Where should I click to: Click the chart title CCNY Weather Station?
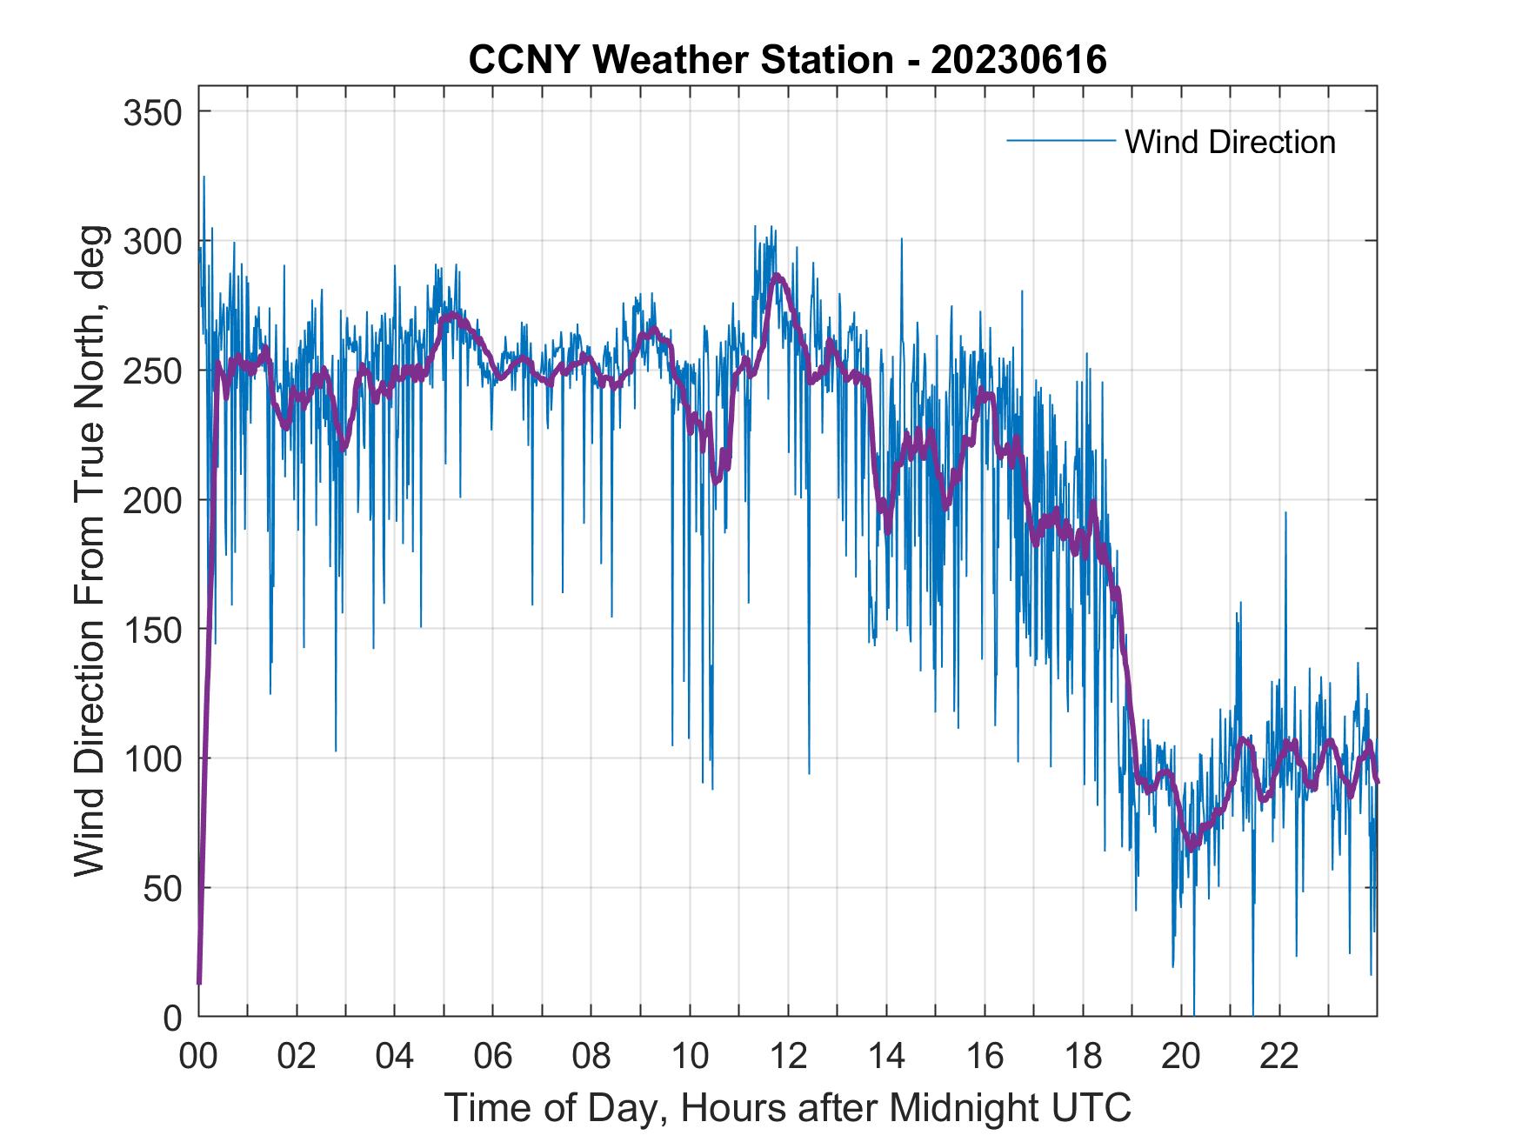[x=680, y=60]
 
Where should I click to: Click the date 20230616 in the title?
[x=1018, y=60]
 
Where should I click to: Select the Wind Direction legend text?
[x=1230, y=142]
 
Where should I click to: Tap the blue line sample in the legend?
[x=1060, y=140]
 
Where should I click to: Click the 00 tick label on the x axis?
[x=198, y=1058]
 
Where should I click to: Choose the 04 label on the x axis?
[x=395, y=1058]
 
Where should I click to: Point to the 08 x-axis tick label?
[x=591, y=1058]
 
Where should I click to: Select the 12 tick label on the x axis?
[x=788, y=1058]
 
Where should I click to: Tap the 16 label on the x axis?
[x=985, y=1058]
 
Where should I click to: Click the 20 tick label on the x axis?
[x=1181, y=1058]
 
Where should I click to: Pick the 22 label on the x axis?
[x=1279, y=1058]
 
